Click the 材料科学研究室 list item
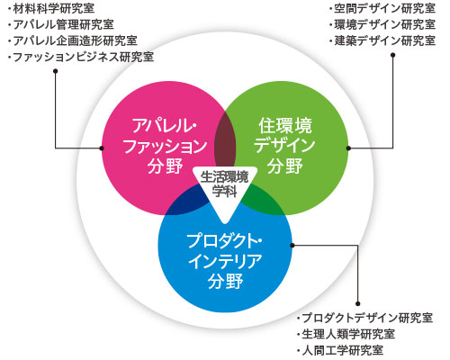coord(51,8)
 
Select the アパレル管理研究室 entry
coord(61,24)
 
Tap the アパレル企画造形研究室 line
coord(73,40)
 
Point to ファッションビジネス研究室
coord(81,57)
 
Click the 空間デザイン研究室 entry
coord(382,8)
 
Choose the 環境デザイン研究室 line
coord(382,24)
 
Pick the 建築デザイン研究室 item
coord(382,40)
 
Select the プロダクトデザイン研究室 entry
coord(364,318)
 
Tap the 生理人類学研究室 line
coord(346,334)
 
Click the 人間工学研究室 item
coord(340,350)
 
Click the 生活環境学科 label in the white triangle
coord(224,184)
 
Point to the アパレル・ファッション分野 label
coord(165,146)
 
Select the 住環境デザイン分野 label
coord(285,146)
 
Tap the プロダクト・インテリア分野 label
coord(225,261)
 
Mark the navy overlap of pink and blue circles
coord(187,202)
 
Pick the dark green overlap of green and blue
coord(260,201)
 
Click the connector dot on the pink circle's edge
coord(102,148)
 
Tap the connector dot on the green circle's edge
coord(348,148)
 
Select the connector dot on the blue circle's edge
coord(292,245)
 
